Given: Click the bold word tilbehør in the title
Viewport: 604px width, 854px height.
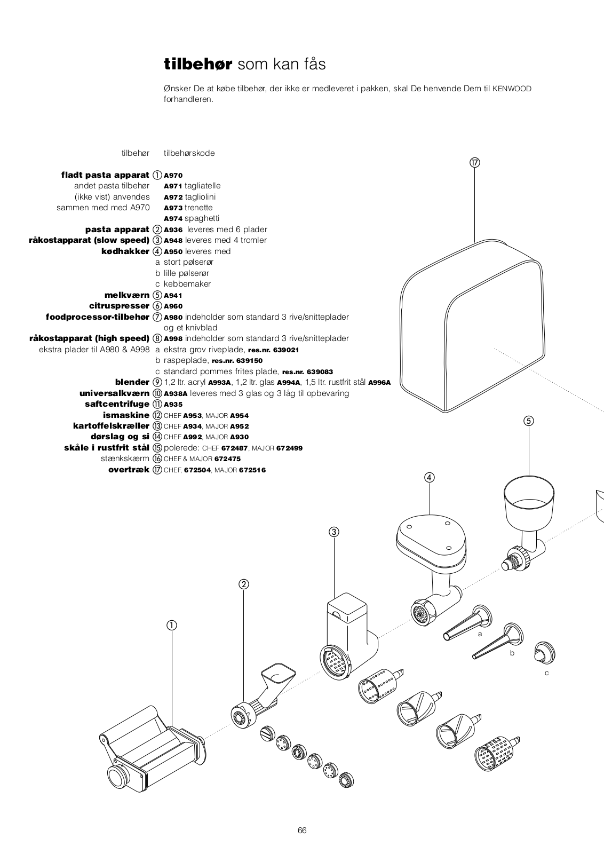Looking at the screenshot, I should [198, 65].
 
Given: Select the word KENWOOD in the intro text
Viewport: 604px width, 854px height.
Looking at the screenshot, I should [512, 89].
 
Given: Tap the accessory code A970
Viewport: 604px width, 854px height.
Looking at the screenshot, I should [173, 175].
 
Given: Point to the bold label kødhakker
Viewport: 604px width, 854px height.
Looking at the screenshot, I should [125, 251].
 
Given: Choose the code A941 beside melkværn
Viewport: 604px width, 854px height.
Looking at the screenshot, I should [173, 295].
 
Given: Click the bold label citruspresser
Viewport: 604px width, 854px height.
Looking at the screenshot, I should [119, 306].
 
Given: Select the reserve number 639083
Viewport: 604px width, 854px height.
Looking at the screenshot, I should [320, 371].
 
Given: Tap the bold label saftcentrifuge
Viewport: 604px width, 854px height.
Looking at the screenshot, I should [117, 404].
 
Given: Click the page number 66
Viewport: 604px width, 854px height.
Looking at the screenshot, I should [302, 830].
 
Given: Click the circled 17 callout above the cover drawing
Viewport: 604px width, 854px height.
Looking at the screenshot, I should [474, 163].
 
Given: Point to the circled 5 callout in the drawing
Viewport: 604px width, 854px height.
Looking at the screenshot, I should [529, 421].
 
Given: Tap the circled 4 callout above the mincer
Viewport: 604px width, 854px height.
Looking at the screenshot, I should [430, 477].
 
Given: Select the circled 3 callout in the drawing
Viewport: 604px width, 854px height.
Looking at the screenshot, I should [334, 532].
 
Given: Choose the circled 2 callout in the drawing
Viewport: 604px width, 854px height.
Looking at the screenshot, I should [244, 584].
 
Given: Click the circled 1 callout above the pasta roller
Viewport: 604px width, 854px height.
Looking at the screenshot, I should [172, 625].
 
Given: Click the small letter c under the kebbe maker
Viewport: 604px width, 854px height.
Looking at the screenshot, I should [547, 673].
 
